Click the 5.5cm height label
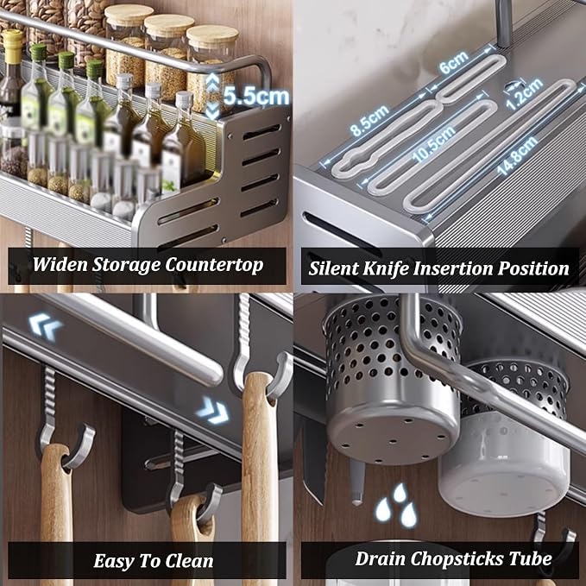(256, 97)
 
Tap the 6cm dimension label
(454, 62)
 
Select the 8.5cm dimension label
(370, 120)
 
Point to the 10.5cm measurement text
(434, 144)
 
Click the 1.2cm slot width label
(524, 93)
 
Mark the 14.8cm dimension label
(517, 155)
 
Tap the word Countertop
(214, 265)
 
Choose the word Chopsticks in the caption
(457, 559)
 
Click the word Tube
(530, 558)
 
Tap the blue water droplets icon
(396, 505)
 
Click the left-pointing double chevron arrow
(45, 326)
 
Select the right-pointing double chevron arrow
(212, 410)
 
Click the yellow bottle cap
(12, 45)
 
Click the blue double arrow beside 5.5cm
(212, 97)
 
